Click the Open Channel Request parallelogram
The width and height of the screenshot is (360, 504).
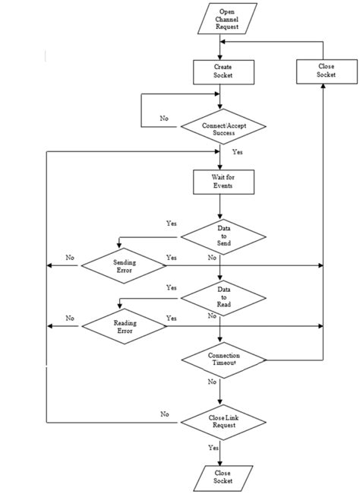click(227, 19)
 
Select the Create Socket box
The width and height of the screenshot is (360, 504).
click(222, 71)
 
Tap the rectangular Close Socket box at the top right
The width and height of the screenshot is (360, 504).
click(325, 71)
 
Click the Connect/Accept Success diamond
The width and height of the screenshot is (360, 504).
click(222, 128)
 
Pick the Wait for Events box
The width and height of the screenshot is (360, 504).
click(222, 181)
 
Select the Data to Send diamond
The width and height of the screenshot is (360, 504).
click(223, 237)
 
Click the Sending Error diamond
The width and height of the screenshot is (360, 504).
click(124, 265)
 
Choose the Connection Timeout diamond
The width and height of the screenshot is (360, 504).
click(223, 360)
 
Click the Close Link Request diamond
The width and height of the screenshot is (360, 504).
click(223, 421)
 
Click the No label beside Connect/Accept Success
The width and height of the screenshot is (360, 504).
click(164, 119)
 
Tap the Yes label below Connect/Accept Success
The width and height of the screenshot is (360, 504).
click(237, 152)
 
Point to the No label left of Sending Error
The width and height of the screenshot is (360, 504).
click(71, 258)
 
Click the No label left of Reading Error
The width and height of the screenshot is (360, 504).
click(71, 318)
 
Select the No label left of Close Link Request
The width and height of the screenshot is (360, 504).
click(164, 414)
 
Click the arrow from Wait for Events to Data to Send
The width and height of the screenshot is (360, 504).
click(220, 207)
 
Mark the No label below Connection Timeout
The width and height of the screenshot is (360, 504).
click(212, 382)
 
